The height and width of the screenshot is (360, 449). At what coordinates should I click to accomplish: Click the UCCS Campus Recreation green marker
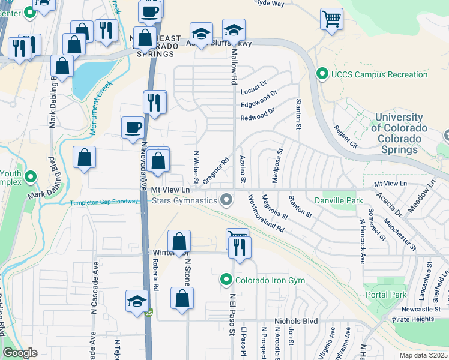coord(322,74)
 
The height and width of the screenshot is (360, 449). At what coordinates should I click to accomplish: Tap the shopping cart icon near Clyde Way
coord(331,19)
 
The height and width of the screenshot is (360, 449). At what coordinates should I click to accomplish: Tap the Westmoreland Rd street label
coord(265,214)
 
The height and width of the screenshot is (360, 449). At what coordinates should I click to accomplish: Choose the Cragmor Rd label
coord(216,170)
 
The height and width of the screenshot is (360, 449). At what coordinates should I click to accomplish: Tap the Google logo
coord(20,353)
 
